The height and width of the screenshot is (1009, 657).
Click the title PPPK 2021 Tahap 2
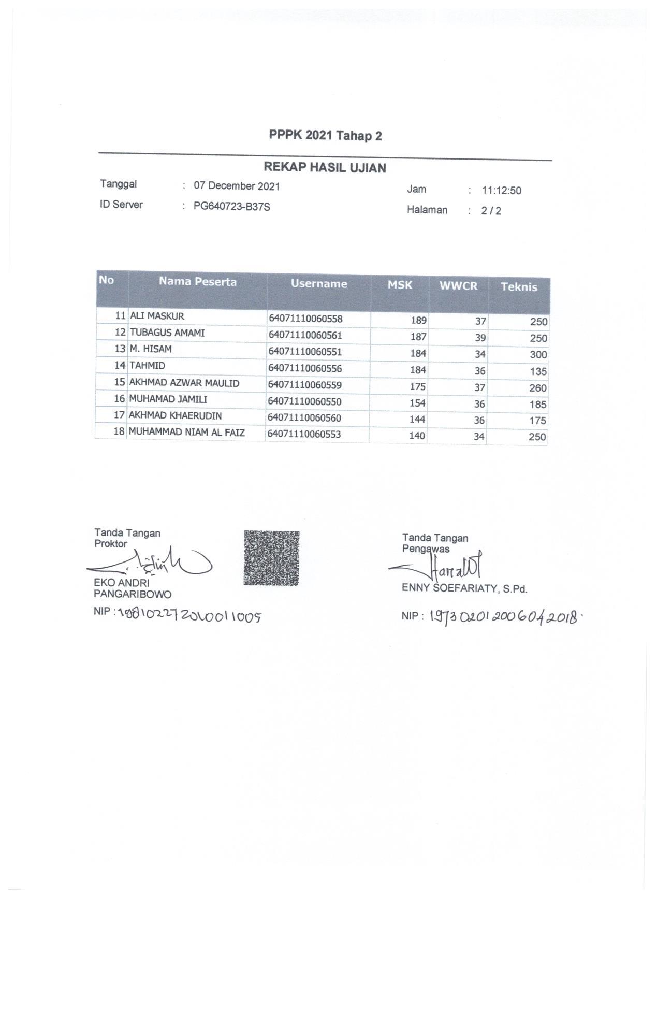(325, 136)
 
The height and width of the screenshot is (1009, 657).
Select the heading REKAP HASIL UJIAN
(325, 168)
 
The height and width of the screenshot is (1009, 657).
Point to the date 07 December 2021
(237, 186)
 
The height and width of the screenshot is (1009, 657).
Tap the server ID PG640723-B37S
(232, 207)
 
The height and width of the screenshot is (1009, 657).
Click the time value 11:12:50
(501, 191)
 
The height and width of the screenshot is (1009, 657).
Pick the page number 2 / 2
(491, 211)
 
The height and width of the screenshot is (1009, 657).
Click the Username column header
(318, 284)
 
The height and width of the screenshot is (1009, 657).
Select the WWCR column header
(458, 286)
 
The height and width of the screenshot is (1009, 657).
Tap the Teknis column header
(519, 287)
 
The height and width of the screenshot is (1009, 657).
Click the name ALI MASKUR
(157, 316)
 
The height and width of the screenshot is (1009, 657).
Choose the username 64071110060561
(305, 335)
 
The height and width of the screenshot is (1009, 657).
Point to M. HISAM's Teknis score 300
(538, 355)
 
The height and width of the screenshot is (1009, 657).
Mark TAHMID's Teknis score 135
(538, 371)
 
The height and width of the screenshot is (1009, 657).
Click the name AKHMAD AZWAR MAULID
(184, 383)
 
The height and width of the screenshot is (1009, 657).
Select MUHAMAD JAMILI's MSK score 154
(417, 403)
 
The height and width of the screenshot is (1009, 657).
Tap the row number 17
(119, 415)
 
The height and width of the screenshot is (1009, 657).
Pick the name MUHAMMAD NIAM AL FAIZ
(186, 432)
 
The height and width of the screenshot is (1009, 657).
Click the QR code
(271, 558)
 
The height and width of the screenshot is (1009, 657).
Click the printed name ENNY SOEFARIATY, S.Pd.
(464, 588)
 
